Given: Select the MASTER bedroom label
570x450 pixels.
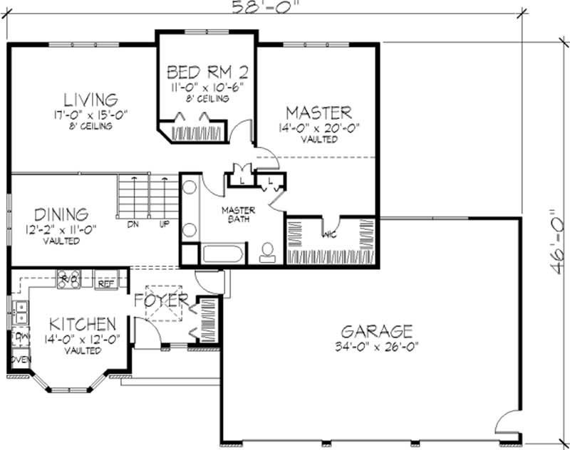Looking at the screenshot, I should click(318, 112).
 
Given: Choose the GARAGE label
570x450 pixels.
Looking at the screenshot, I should click(377, 331).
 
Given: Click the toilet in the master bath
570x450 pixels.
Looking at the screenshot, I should click(269, 252).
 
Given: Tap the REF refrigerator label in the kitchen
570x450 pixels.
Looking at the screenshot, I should click(106, 283).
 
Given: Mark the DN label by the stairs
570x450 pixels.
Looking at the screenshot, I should click(133, 224).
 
